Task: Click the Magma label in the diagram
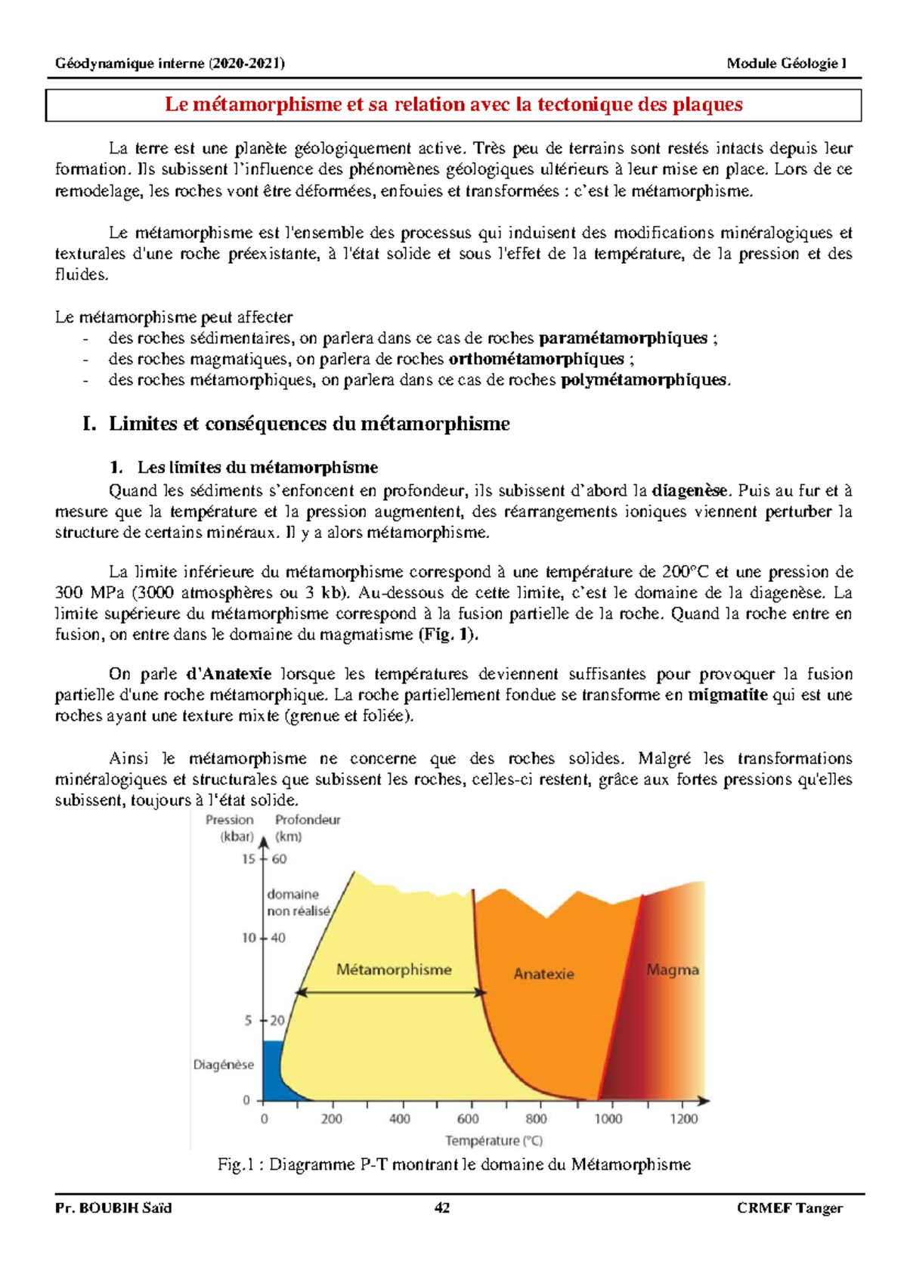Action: coord(672,970)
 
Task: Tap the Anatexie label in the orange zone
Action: coord(543,974)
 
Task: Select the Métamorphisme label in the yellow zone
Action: coord(394,969)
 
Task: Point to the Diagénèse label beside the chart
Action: coord(224,1065)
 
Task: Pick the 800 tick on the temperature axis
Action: coord(536,1118)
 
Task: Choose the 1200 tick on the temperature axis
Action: coord(683,1118)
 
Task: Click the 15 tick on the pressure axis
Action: coord(249,858)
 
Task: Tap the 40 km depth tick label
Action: coord(278,938)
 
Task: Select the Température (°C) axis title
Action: coord(494,1140)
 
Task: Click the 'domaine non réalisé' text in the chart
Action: coord(298,903)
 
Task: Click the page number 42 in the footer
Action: coord(442,1207)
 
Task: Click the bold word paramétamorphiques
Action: coord(623,338)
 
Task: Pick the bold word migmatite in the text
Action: coord(727,694)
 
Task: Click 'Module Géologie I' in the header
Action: coord(787,63)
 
